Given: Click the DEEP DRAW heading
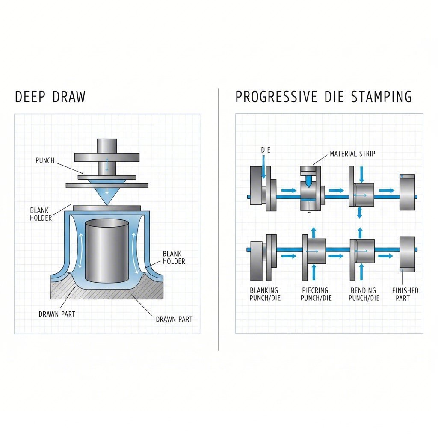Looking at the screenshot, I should point(50,97).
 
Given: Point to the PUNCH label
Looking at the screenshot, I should point(45,161).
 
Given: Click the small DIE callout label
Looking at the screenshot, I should point(265,151).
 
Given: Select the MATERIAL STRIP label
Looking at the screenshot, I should point(352,154).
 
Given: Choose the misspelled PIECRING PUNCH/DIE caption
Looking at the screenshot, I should point(314,294).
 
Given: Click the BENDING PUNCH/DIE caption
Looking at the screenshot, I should point(364,294).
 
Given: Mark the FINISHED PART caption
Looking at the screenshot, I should point(405,294).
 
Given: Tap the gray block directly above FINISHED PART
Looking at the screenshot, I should point(407,254).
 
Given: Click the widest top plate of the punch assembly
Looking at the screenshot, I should point(107,157).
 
